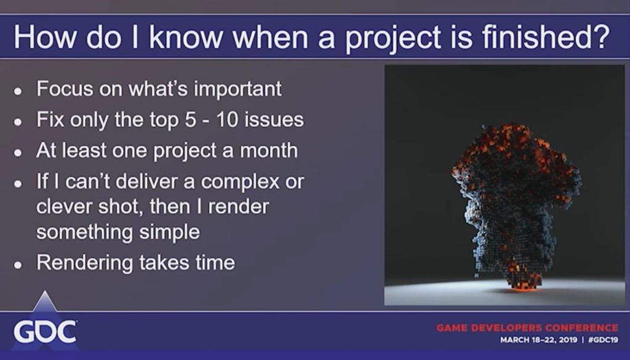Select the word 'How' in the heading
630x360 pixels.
coord(44,36)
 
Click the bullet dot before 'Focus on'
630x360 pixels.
coord(18,91)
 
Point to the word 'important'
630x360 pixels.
coord(238,89)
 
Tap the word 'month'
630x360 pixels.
coord(269,150)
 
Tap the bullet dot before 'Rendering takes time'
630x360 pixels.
coord(18,265)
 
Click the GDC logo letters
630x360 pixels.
coord(45,332)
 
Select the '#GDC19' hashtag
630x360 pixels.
coord(603,340)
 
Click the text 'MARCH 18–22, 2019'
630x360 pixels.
coord(538,340)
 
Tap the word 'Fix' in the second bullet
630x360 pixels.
coord(50,119)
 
